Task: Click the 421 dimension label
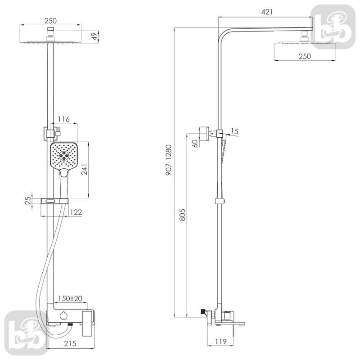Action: click(x=267, y=12)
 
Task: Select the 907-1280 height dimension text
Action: click(x=169, y=160)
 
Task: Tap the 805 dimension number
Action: click(x=182, y=215)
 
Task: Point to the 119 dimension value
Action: click(x=221, y=342)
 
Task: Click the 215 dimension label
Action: click(x=70, y=343)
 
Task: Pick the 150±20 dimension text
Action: click(x=70, y=298)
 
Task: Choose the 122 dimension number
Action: click(x=76, y=212)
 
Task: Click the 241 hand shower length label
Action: click(x=85, y=170)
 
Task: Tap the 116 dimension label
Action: click(x=63, y=119)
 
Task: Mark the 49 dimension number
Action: click(x=94, y=36)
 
